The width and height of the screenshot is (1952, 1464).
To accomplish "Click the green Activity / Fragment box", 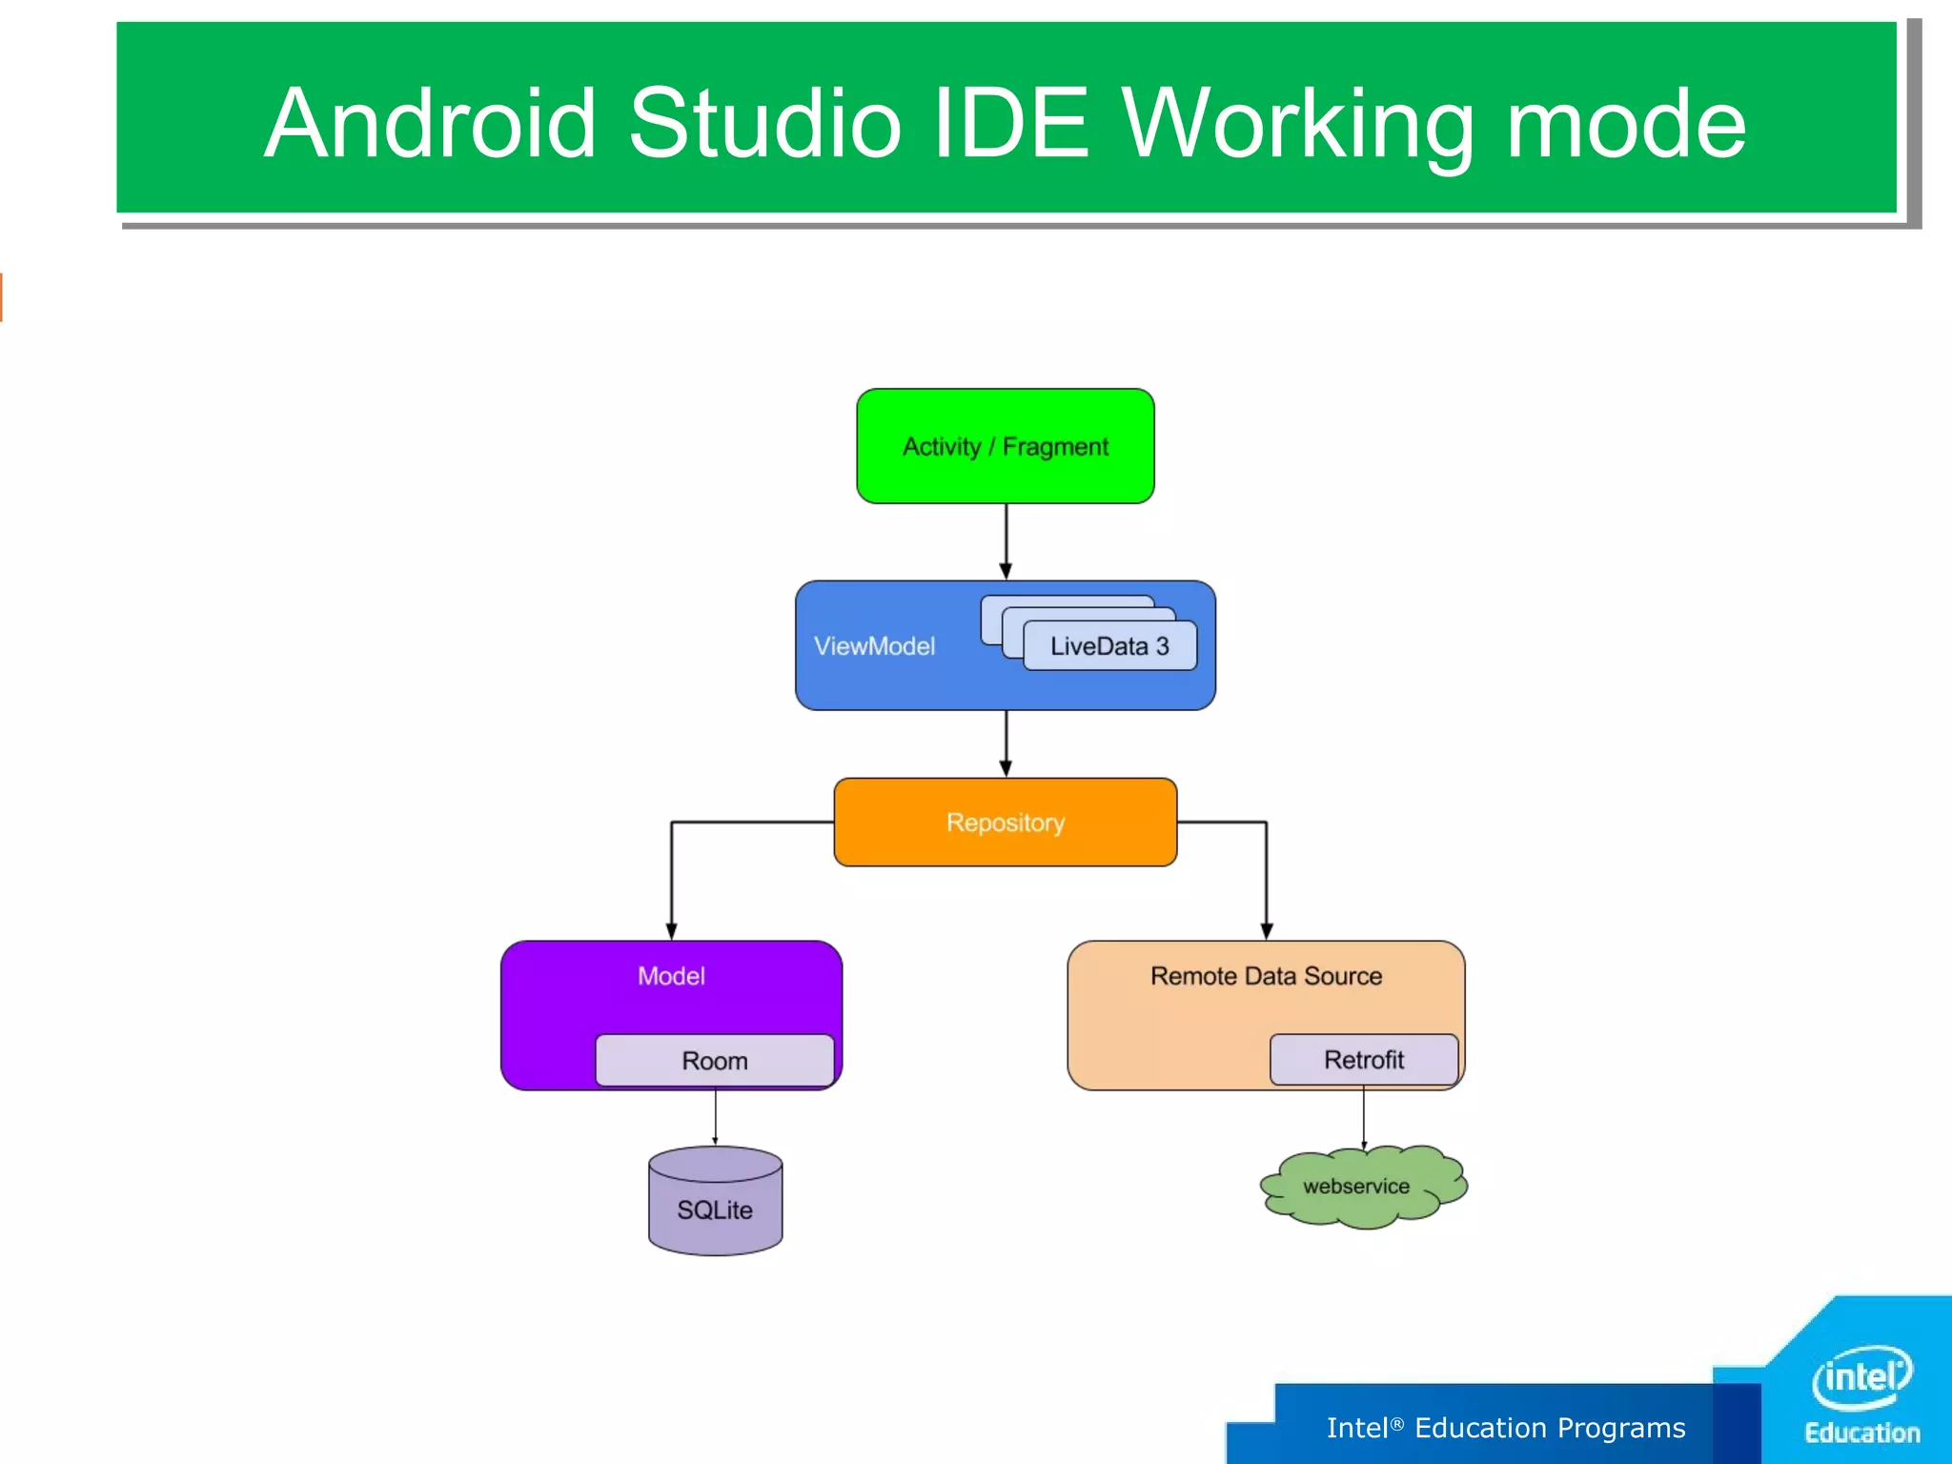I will pyautogui.click(x=1005, y=446).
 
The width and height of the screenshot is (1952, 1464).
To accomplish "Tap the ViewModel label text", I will pyautogui.click(x=874, y=646).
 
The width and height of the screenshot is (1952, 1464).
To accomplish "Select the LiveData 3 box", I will pyautogui.click(x=1108, y=646).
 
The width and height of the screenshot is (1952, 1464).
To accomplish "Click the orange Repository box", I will pyautogui.click(x=1005, y=822).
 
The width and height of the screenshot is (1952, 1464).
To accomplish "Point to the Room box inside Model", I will pyautogui.click(x=714, y=1060).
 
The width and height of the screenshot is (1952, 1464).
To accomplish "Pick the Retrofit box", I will pyautogui.click(x=1363, y=1059).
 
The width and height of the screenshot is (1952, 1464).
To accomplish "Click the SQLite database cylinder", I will pyautogui.click(x=715, y=1203).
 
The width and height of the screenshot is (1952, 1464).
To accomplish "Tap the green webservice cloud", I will pyautogui.click(x=1357, y=1187).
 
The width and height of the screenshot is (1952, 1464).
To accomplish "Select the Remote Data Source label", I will pyautogui.click(x=1265, y=976).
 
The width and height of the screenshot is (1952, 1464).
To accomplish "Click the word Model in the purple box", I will pyautogui.click(x=671, y=976).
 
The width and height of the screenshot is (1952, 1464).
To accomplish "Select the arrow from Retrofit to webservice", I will pyautogui.click(x=1364, y=1117).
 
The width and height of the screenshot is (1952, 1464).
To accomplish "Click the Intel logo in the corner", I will pyautogui.click(x=1861, y=1376).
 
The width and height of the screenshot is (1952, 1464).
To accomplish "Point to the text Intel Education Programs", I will pyautogui.click(x=1505, y=1428).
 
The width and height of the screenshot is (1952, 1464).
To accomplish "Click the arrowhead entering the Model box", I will pyautogui.click(x=671, y=931).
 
